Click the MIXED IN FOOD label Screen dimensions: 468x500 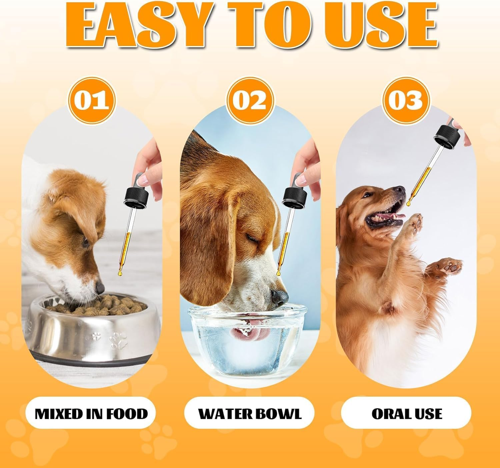[91, 413]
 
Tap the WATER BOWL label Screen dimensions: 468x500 [250, 413]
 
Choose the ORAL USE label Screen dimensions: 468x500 [406, 413]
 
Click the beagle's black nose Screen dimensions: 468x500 [279, 296]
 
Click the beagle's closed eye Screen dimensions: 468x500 [251, 237]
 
